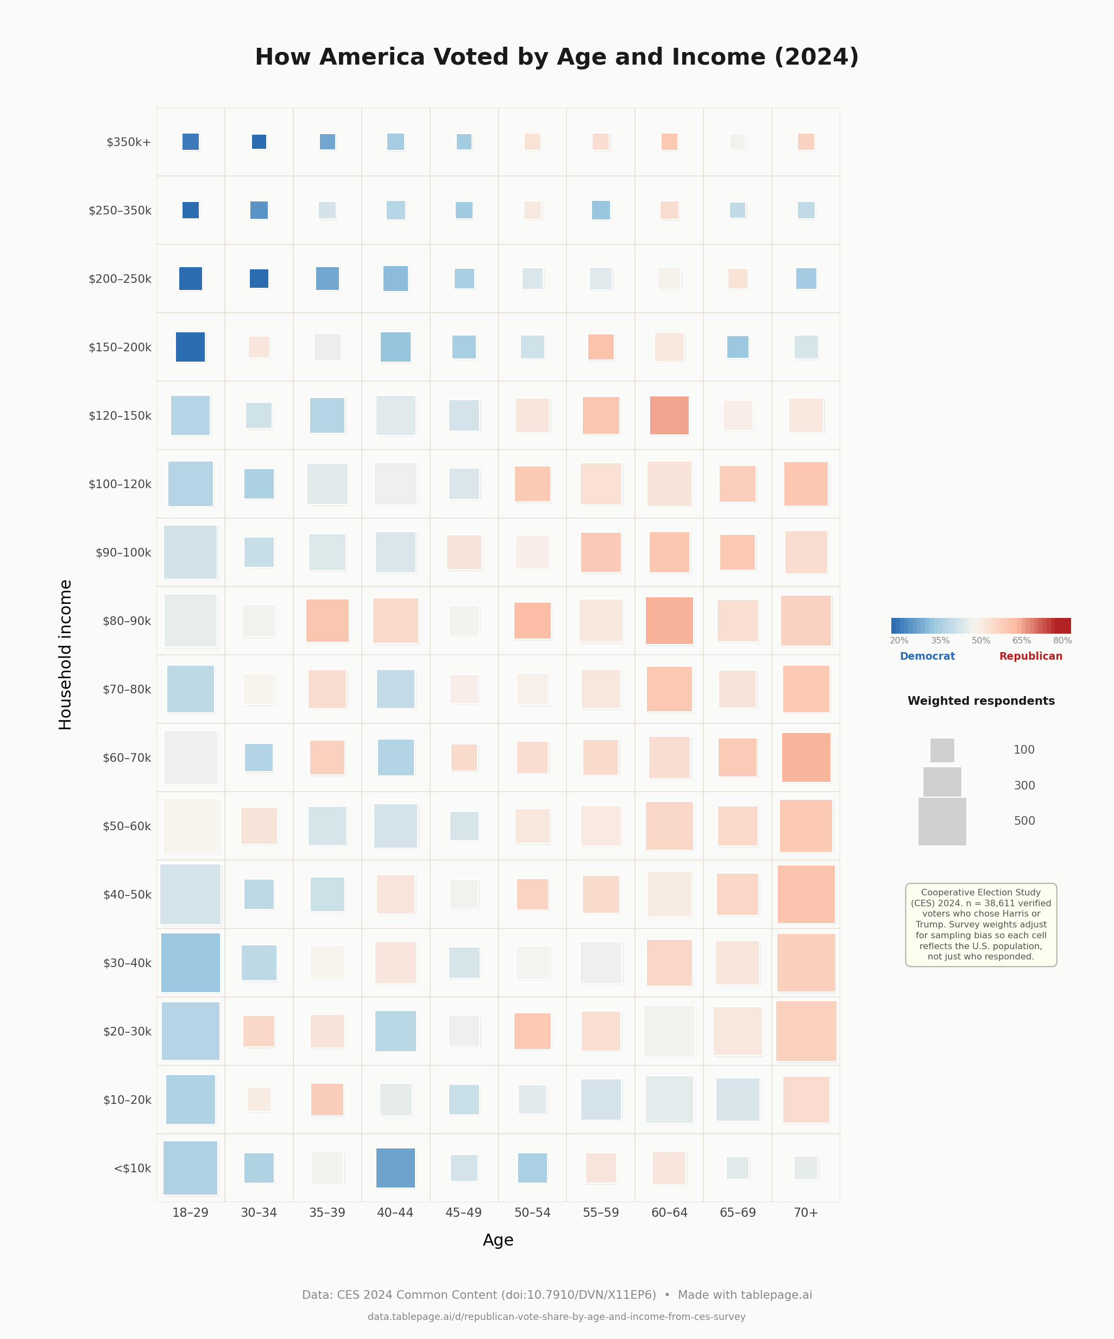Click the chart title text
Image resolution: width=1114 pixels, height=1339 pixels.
(557, 57)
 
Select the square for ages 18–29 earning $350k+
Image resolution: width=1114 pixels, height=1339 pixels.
(191, 142)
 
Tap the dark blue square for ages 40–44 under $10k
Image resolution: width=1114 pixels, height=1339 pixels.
(395, 1167)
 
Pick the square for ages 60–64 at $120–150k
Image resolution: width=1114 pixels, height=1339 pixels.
(669, 415)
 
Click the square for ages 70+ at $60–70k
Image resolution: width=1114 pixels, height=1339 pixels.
(806, 757)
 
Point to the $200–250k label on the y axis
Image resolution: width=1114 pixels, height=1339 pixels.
(120, 279)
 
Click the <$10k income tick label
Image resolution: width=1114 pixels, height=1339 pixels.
(132, 1168)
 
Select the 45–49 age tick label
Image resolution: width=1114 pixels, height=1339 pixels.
(464, 1212)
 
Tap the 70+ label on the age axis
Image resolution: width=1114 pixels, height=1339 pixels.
(806, 1212)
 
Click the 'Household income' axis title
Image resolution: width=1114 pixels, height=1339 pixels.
(65, 654)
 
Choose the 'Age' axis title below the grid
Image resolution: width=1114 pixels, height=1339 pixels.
(498, 1240)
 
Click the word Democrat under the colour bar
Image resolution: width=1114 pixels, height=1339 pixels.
(927, 656)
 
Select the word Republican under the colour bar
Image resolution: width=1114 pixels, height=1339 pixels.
(1030, 656)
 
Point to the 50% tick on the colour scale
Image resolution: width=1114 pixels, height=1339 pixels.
(981, 640)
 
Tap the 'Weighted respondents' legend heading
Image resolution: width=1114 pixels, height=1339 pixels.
(981, 701)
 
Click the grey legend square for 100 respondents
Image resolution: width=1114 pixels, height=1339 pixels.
(942, 750)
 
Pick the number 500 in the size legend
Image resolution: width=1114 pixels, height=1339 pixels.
(1024, 820)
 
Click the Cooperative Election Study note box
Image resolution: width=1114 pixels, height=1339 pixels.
(981, 925)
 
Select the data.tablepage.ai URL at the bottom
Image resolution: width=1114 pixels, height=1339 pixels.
(556, 1317)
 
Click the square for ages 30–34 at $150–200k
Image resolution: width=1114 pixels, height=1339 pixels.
(259, 347)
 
